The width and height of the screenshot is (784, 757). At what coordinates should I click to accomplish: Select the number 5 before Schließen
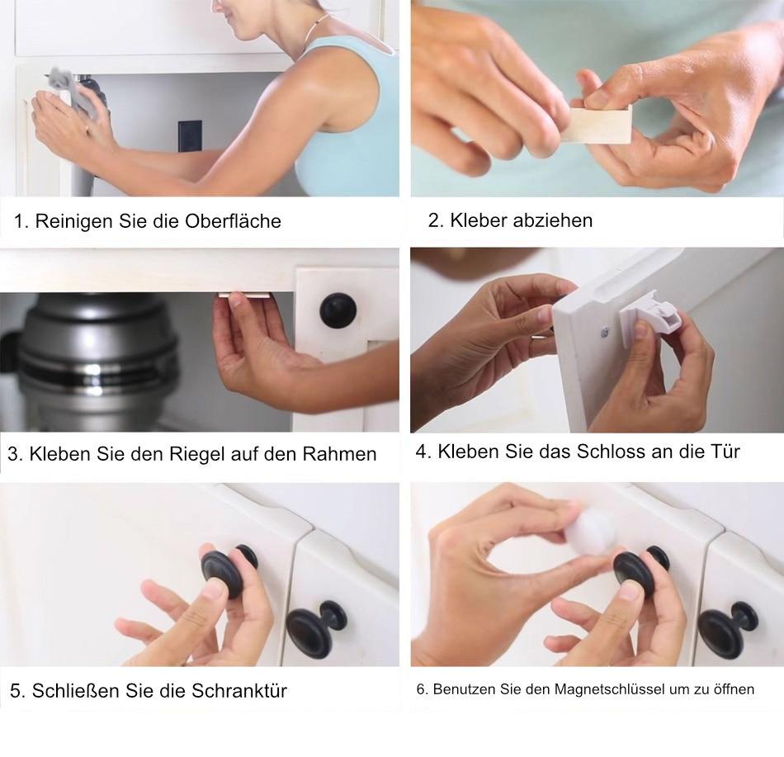point(15,690)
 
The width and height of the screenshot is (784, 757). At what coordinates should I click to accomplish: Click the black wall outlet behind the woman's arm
point(190,136)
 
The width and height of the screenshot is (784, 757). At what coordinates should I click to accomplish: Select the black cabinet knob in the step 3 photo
point(338,310)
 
